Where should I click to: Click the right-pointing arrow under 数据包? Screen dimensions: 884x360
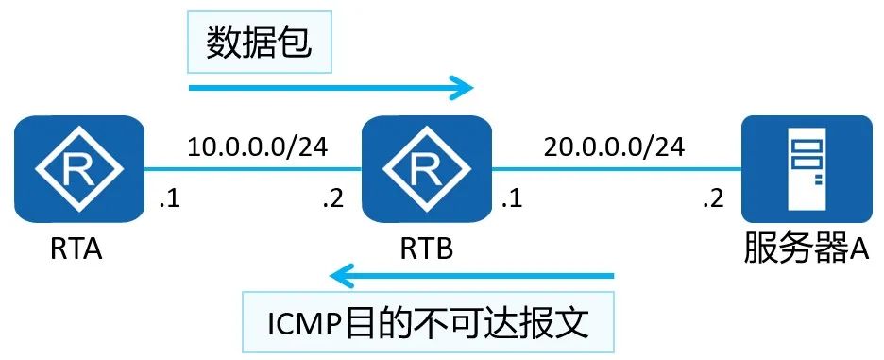tap(331, 89)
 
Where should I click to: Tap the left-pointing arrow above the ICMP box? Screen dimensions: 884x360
tap(472, 277)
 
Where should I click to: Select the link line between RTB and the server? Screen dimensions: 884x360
tap(619, 171)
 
